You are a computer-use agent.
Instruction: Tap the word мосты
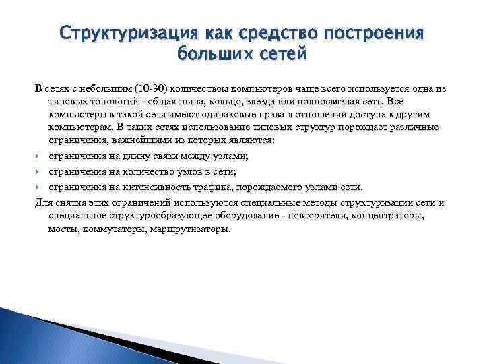pos(62,229)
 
